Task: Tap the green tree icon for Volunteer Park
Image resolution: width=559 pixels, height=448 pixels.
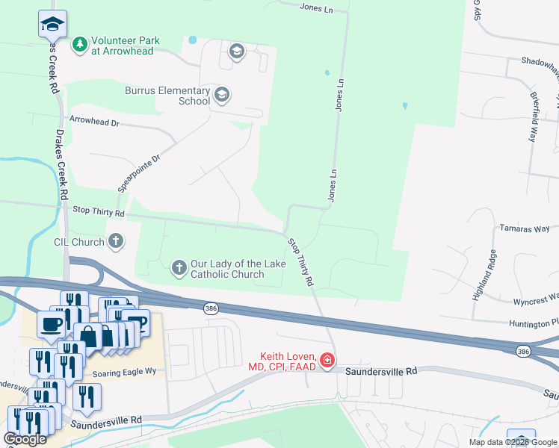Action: pyautogui.click(x=79, y=45)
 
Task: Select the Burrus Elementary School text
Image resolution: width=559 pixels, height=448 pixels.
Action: pyautogui.click(x=167, y=96)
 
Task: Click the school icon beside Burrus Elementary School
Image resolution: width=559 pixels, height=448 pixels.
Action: pyautogui.click(x=222, y=96)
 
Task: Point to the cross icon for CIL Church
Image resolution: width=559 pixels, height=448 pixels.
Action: pyautogui.click(x=115, y=241)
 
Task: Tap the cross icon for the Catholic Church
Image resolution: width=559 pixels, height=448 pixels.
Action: pyautogui.click(x=179, y=267)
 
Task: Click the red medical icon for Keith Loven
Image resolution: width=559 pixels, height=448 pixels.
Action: pyautogui.click(x=327, y=361)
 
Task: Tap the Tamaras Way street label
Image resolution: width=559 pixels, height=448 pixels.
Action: pyautogui.click(x=524, y=228)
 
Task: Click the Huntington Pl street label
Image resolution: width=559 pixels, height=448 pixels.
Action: pyautogui.click(x=534, y=323)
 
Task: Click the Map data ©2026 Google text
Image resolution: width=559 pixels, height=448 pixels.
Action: pyautogui.click(x=513, y=442)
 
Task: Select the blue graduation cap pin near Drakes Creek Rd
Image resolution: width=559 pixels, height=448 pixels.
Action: pyautogui.click(x=52, y=24)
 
